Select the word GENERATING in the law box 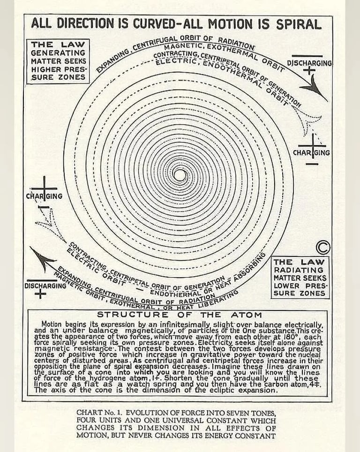coord(58,53)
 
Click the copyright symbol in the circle coord(323,247)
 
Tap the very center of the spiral coord(179,175)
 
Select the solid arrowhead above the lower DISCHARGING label coord(44,258)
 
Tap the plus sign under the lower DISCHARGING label coord(41,294)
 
